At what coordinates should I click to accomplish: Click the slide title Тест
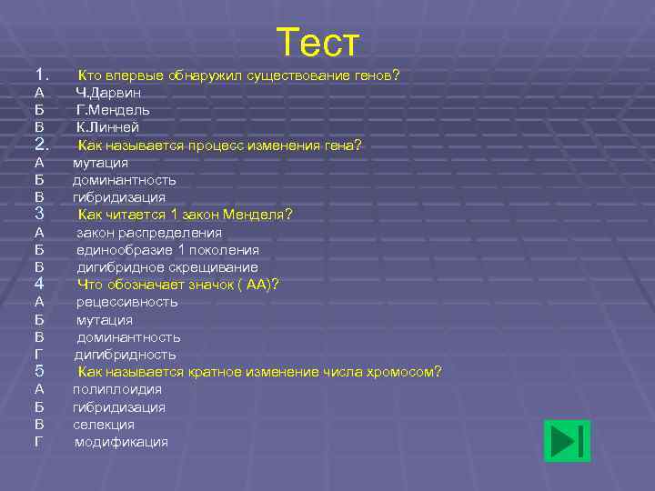pos(317,43)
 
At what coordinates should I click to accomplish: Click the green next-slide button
pos(567,441)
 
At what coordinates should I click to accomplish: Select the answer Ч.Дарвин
pos(108,92)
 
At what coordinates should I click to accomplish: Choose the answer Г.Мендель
pos(113,110)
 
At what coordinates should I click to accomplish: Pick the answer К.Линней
pos(107,127)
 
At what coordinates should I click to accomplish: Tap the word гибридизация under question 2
pos(119,197)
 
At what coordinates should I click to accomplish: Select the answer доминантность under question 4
pos(128,337)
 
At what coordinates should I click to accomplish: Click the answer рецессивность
pos(126,302)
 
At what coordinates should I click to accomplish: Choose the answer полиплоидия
pos(117,389)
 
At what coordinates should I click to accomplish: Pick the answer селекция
pos(104,425)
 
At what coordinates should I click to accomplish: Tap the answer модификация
pos(121,442)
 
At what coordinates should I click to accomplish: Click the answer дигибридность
pos(126,355)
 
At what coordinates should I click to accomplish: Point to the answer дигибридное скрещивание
pos(167,267)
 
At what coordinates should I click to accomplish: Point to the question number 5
pos(39,371)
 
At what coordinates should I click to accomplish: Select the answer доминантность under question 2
pos(125,180)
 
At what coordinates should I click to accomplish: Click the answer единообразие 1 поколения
pos(167,250)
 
